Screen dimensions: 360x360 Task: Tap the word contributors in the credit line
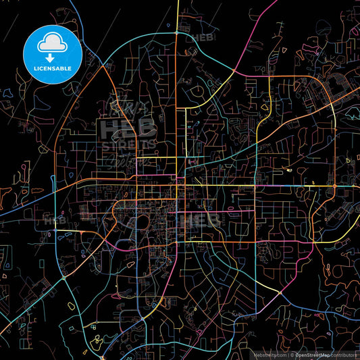(344, 354)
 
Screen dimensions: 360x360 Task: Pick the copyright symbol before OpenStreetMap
(292, 354)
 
